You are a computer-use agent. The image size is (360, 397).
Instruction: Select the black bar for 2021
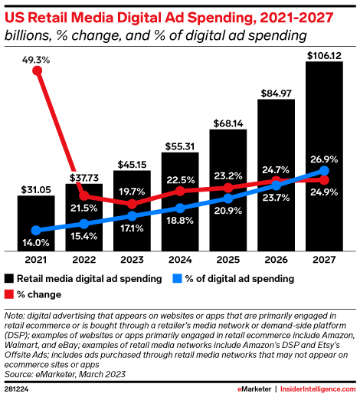(x=36, y=222)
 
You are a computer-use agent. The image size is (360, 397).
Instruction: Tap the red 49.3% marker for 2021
(x=36, y=71)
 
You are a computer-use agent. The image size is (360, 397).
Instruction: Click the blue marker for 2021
(x=36, y=230)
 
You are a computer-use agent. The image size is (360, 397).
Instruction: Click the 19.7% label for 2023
(x=132, y=191)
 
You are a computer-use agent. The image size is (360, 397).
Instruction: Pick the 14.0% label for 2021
(x=36, y=242)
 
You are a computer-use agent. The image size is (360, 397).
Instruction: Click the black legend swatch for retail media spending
(x=10, y=278)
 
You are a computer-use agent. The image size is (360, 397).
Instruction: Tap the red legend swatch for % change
(x=10, y=294)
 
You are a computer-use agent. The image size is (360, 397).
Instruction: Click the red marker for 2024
(x=180, y=190)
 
